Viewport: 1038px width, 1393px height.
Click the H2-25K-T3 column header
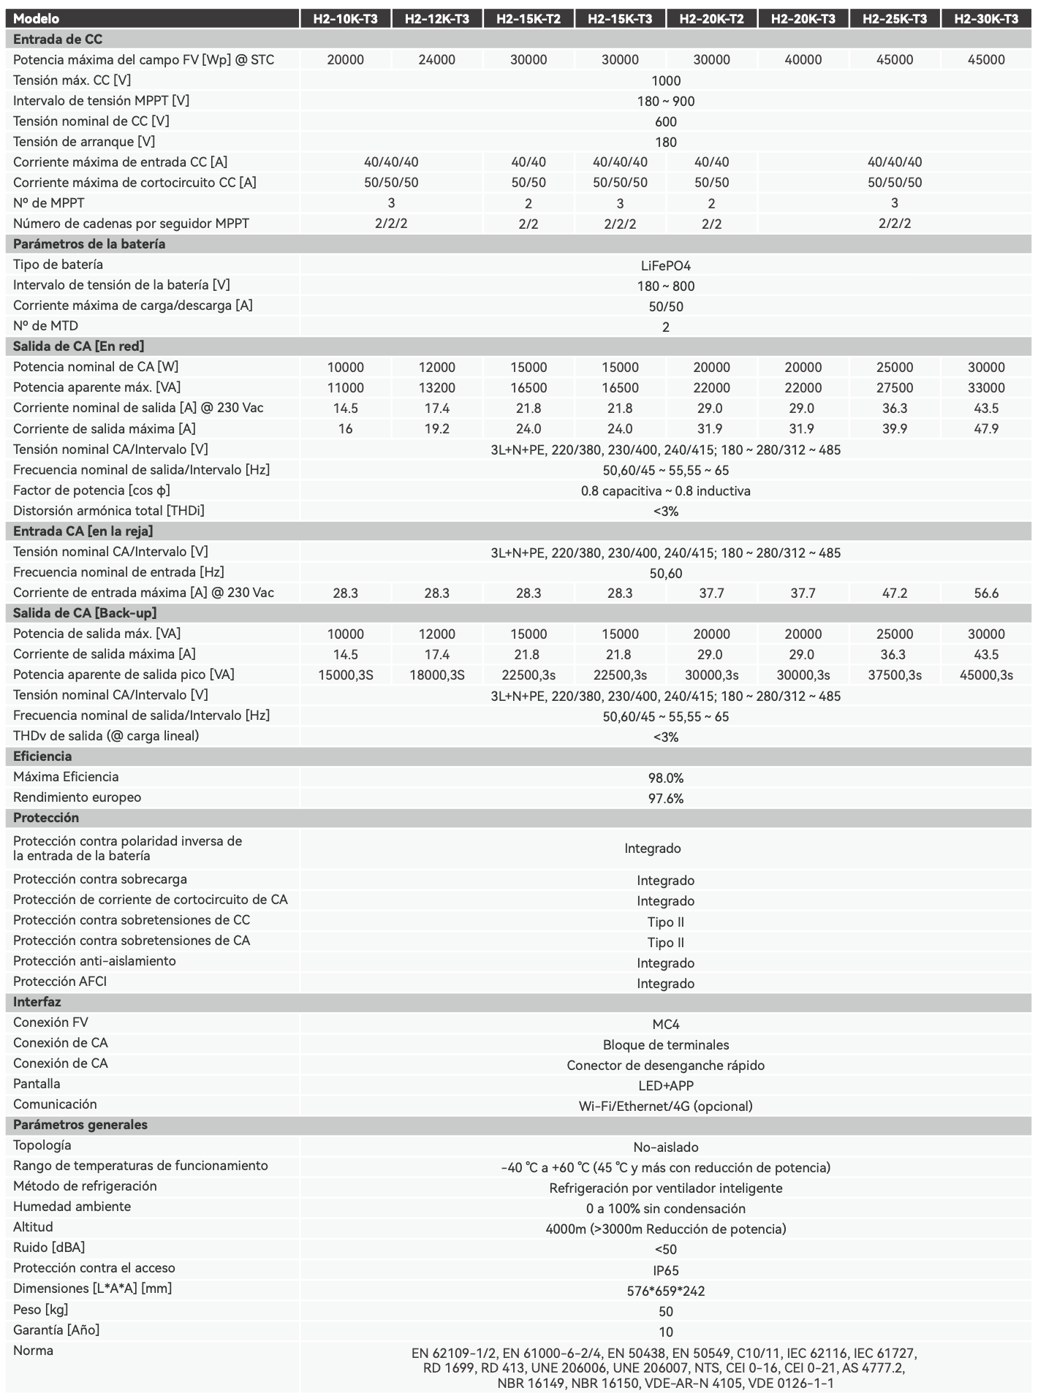(894, 18)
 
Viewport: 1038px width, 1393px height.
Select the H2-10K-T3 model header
(345, 18)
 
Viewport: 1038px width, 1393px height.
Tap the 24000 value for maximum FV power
(436, 60)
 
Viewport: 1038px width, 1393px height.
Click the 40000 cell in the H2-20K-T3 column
(803, 60)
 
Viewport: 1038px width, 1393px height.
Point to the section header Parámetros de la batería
(89, 244)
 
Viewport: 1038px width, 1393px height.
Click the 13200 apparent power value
(436, 388)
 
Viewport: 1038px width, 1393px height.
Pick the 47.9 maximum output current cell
(985, 429)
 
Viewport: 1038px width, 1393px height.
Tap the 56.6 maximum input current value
(985, 593)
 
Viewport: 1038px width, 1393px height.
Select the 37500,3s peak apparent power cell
(894, 675)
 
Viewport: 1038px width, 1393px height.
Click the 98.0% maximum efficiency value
(665, 778)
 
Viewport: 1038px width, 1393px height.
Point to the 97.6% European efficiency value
(665, 799)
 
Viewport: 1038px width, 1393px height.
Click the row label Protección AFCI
(60, 982)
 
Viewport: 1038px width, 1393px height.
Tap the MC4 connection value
(665, 1025)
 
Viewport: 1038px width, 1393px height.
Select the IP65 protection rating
(665, 1271)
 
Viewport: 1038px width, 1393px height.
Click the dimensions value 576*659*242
(665, 1291)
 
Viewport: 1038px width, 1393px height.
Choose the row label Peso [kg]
(40, 1309)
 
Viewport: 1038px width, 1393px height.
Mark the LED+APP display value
(665, 1086)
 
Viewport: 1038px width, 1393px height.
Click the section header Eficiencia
(42, 756)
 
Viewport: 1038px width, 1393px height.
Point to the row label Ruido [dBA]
(49, 1248)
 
